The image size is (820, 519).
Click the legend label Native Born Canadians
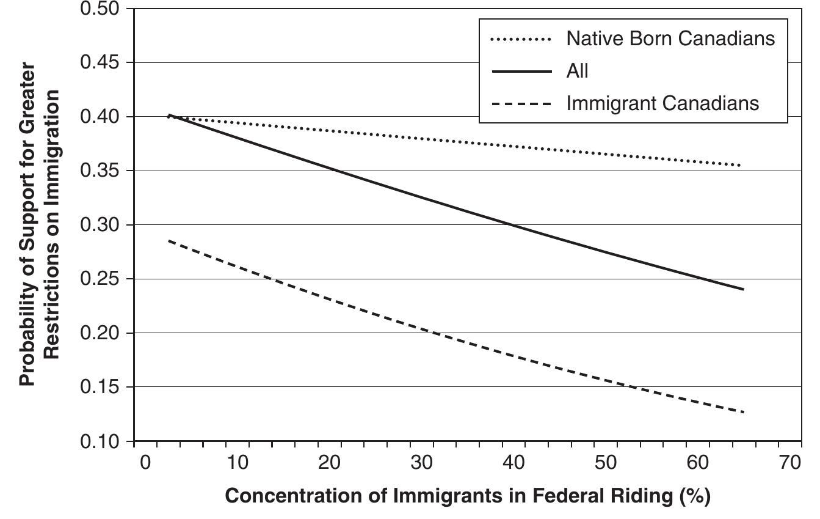pos(670,39)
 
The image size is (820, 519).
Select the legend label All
pos(577,71)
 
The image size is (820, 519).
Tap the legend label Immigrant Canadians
pos(662,103)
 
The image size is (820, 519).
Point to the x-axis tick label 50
pos(607,463)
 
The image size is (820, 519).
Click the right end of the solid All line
pos(743,289)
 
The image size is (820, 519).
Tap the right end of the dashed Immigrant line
pos(743,412)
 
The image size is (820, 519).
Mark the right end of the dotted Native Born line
pos(741,166)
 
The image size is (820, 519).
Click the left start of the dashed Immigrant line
pos(169,241)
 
